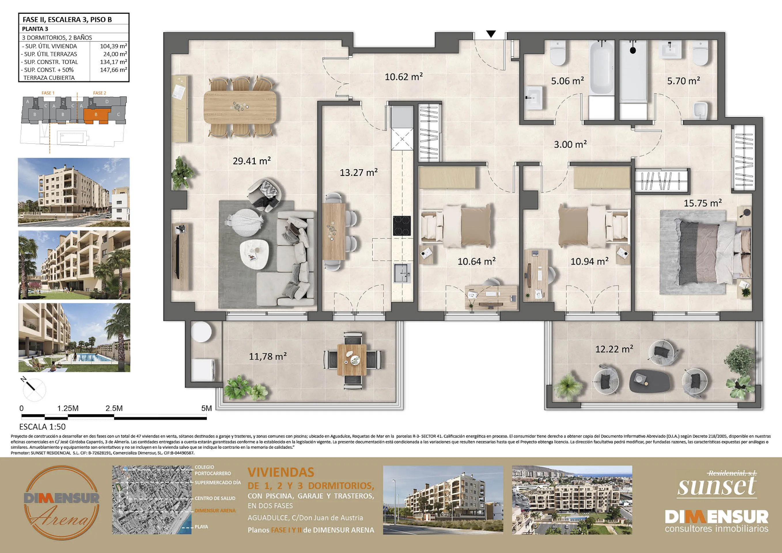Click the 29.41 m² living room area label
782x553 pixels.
click(x=252, y=161)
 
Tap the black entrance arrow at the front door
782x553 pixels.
click(x=491, y=34)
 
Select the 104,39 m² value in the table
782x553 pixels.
click(x=113, y=46)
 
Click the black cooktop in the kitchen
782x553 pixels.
click(x=402, y=226)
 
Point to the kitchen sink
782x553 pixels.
click(x=403, y=273)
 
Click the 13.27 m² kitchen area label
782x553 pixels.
click(x=359, y=172)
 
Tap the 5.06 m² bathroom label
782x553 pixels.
click(x=567, y=81)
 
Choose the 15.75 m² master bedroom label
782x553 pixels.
click(x=703, y=203)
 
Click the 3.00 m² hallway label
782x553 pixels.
click(x=570, y=144)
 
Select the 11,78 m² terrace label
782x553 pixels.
click(x=268, y=356)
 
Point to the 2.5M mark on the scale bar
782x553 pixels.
click(x=114, y=408)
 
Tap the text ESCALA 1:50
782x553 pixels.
click(x=42, y=427)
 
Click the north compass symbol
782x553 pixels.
click(x=34, y=389)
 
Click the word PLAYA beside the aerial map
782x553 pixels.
click(x=201, y=527)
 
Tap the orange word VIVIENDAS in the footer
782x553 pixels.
click(x=281, y=472)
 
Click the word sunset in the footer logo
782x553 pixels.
click(x=717, y=486)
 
